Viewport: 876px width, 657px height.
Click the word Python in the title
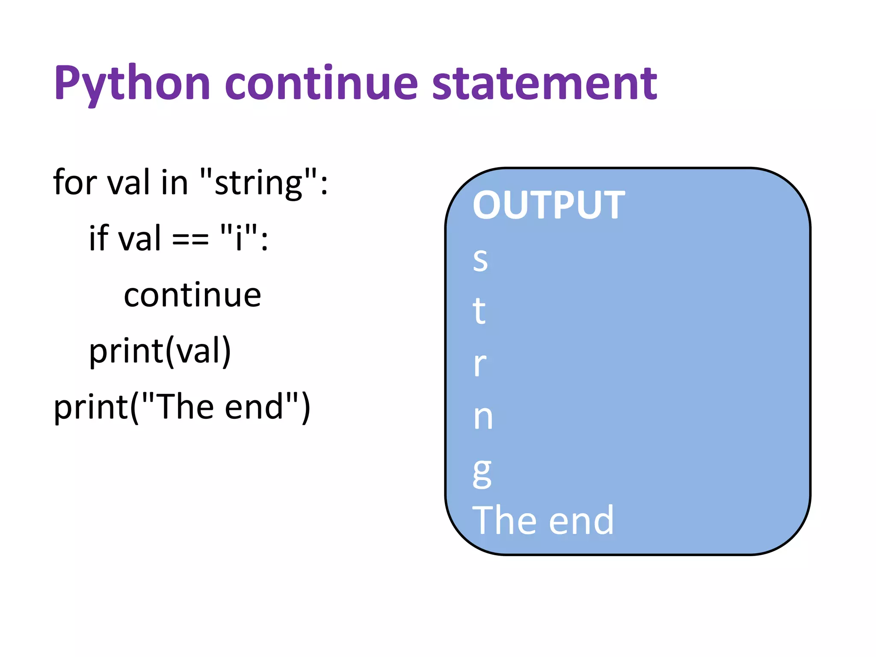point(132,83)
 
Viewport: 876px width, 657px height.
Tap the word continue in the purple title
point(321,83)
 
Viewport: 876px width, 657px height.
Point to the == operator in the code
point(190,239)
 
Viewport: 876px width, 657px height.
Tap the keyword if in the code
point(99,238)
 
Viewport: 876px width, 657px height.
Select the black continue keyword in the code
point(192,295)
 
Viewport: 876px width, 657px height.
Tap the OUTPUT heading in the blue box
point(548,206)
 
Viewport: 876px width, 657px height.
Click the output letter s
point(480,260)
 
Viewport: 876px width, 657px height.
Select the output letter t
point(479,311)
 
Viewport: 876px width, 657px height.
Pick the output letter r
point(480,364)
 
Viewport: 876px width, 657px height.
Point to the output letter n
point(483,417)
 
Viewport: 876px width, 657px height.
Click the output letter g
point(482,473)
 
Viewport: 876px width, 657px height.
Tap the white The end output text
point(542,521)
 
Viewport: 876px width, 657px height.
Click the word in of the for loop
point(175,182)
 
